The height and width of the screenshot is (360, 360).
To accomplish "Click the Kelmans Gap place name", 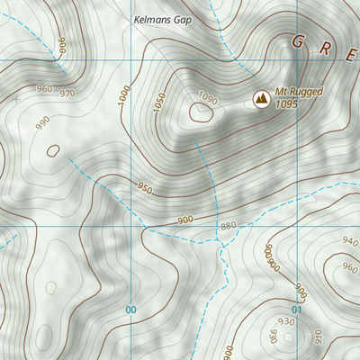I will [162, 18].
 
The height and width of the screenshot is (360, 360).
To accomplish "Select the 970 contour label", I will [67, 93].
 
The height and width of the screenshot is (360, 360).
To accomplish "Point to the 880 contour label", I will [227, 225].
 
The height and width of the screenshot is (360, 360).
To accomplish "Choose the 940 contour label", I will [350, 241].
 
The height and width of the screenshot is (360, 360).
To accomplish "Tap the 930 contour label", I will [287, 321].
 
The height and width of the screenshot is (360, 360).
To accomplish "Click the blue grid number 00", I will [131, 310].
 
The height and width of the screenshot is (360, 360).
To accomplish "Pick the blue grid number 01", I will [296, 310].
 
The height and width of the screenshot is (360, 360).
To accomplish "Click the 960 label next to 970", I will [42, 89].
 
